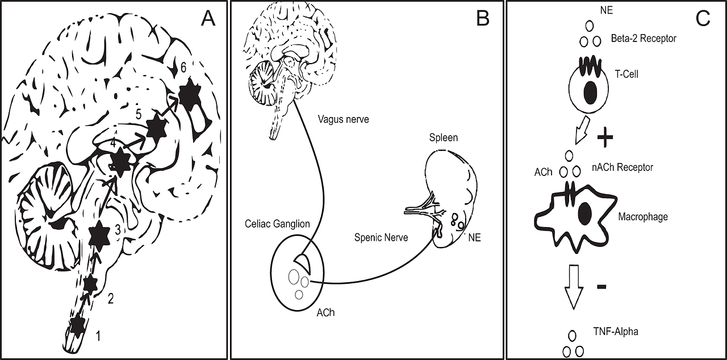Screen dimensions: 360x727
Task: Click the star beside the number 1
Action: tap(78, 324)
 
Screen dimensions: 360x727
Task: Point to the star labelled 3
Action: tap(100, 235)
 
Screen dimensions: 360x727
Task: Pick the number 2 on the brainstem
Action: tap(111, 298)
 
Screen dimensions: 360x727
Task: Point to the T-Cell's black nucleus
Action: tap(591, 93)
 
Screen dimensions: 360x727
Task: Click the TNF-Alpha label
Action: tap(616, 331)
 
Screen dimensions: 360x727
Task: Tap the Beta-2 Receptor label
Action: tap(644, 39)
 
